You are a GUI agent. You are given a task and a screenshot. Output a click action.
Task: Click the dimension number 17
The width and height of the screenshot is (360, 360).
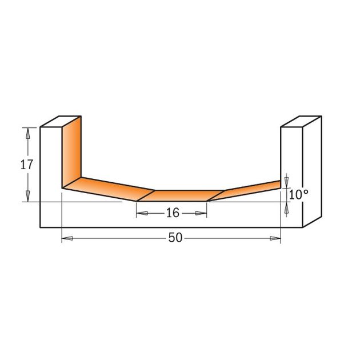click(x=27, y=165)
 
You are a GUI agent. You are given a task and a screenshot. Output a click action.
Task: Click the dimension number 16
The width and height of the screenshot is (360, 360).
click(x=173, y=213)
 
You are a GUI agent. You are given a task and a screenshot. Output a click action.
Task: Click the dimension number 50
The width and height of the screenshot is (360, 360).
click(x=175, y=238)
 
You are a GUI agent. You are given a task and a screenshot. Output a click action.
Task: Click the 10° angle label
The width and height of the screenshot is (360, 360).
click(x=298, y=195)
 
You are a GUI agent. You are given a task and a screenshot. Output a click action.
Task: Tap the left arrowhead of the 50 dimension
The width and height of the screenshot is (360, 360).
click(x=67, y=238)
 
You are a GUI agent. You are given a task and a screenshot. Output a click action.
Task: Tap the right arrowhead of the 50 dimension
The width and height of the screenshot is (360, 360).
click(x=275, y=238)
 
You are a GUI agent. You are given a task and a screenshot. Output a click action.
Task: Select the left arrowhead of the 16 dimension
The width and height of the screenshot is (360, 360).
click(x=142, y=213)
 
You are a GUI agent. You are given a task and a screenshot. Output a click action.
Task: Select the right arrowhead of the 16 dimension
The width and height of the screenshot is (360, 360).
click(x=201, y=213)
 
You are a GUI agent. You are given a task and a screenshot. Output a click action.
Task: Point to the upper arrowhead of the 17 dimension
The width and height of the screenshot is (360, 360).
click(x=28, y=133)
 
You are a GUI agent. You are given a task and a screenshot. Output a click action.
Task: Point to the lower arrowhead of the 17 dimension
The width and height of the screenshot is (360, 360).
click(x=28, y=196)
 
